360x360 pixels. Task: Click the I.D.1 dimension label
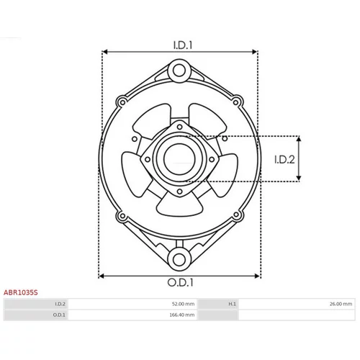click(183, 45)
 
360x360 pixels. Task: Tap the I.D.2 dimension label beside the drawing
click(284, 159)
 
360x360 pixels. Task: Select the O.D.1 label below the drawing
click(180, 283)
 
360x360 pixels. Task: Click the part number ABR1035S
click(21, 292)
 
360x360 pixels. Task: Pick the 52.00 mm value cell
click(183, 304)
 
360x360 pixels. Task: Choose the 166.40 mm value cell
click(182, 315)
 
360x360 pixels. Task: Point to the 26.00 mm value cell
click(341, 304)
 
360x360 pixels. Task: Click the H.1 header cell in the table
click(232, 304)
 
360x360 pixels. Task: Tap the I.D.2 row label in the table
click(60, 304)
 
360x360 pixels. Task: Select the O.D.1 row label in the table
click(59, 315)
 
